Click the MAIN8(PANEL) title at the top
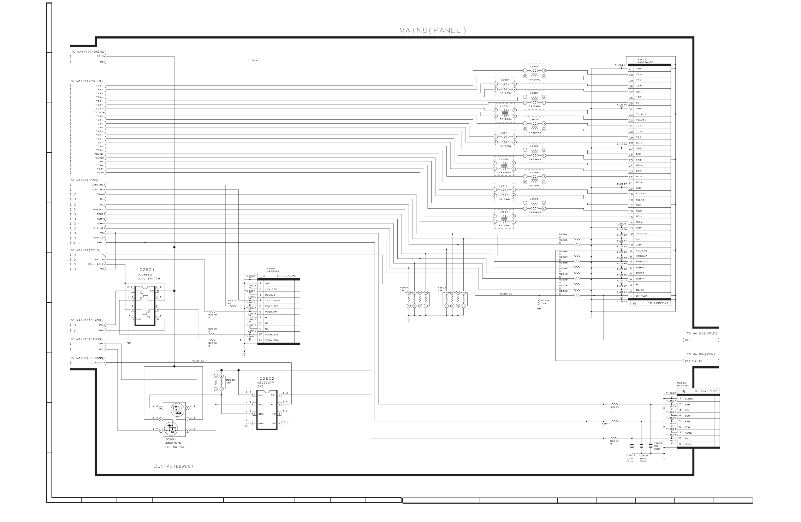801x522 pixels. click(432, 30)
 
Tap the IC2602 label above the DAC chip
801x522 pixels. click(266, 378)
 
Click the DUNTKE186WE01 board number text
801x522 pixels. click(174, 466)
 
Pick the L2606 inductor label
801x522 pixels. click(534, 66)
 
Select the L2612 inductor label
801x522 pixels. click(504, 212)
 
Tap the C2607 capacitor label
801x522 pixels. click(630, 456)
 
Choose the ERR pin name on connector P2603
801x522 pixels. click(687, 421)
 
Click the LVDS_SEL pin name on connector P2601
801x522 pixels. click(642, 233)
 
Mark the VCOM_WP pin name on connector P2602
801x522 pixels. click(271, 312)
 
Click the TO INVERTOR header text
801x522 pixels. click(706, 391)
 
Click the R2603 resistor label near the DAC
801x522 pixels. click(231, 380)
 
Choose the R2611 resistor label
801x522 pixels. click(231, 301)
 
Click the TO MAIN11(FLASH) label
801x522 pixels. click(87, 320)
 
